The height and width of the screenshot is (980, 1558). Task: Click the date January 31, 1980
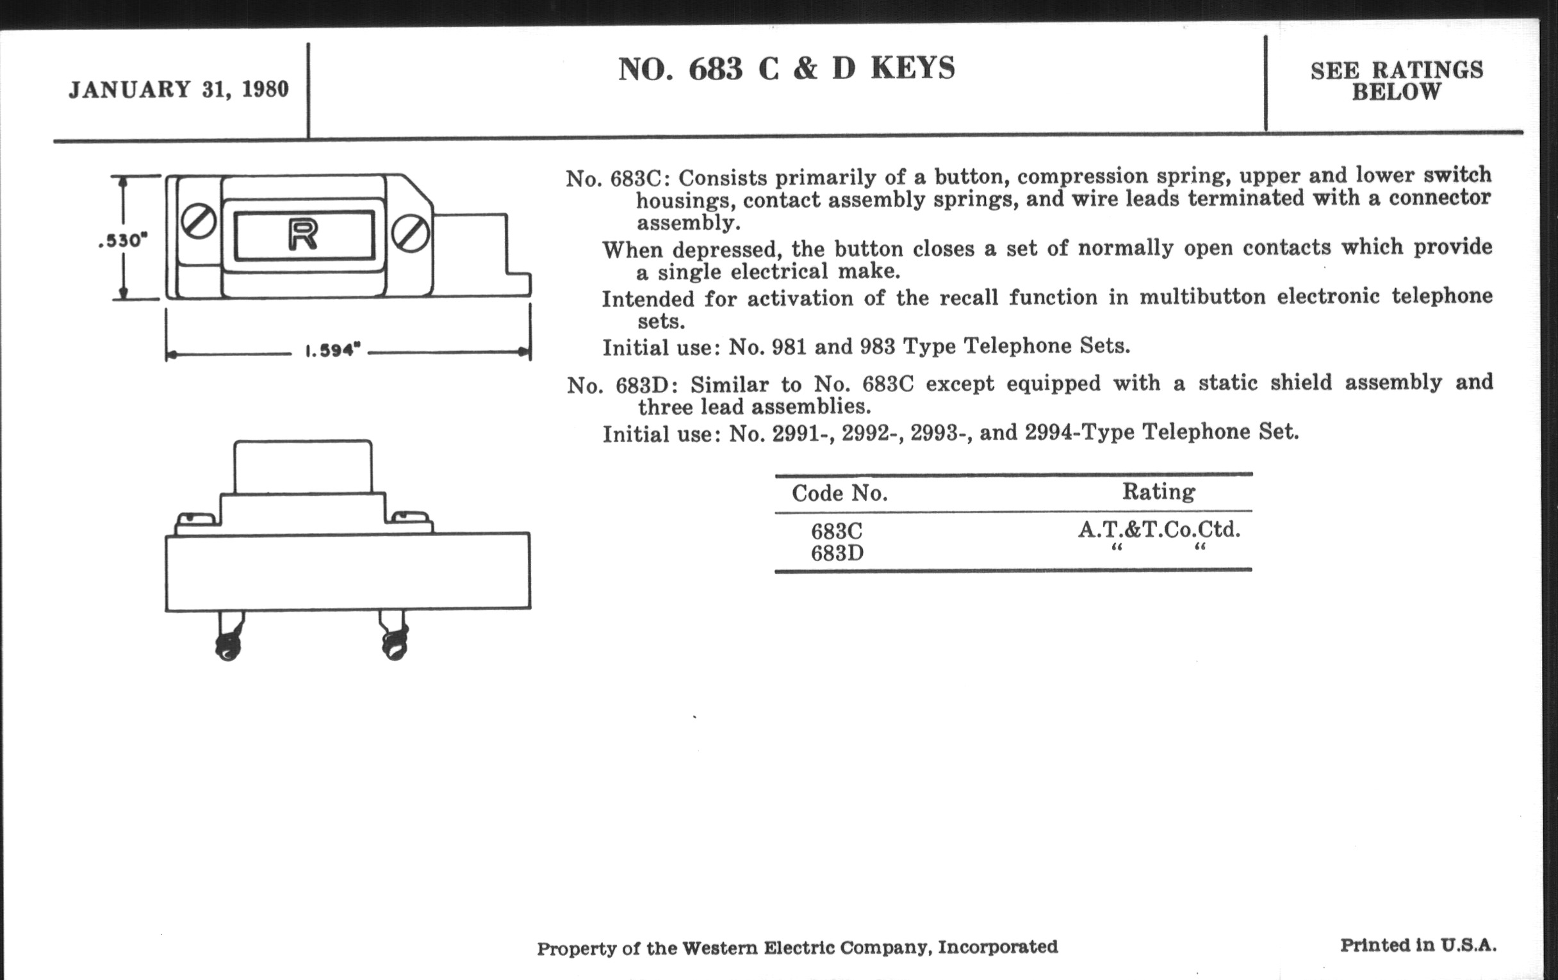click(x=179, y=89)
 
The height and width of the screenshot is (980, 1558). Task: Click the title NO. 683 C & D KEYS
click(x=786, y=69)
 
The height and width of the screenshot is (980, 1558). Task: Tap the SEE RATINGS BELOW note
click(x=1397, y=81)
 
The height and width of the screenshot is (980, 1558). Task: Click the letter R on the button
click(x=303, y=236)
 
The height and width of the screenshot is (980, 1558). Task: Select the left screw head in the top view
click(x=198, y=221)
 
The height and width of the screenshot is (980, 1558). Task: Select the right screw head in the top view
click(x=411, y=234)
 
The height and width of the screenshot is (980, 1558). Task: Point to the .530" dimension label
click(x=123, y=241)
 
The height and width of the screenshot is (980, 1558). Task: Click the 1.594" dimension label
click(x=332, y=350)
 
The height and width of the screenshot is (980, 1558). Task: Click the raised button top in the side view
click(x=303, y=467)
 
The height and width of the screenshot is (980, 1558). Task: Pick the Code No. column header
click(x=840, y=494)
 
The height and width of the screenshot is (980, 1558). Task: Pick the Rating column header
click(x=1158, y=492)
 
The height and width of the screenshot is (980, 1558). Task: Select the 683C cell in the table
click(x=837, y=531)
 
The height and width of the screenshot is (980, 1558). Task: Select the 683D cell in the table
click(x=837, y=553)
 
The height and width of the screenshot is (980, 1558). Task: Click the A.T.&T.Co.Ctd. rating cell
click(x=1159, y=530)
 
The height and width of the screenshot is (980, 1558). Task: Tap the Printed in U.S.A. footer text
click(x=1418, y=945)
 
